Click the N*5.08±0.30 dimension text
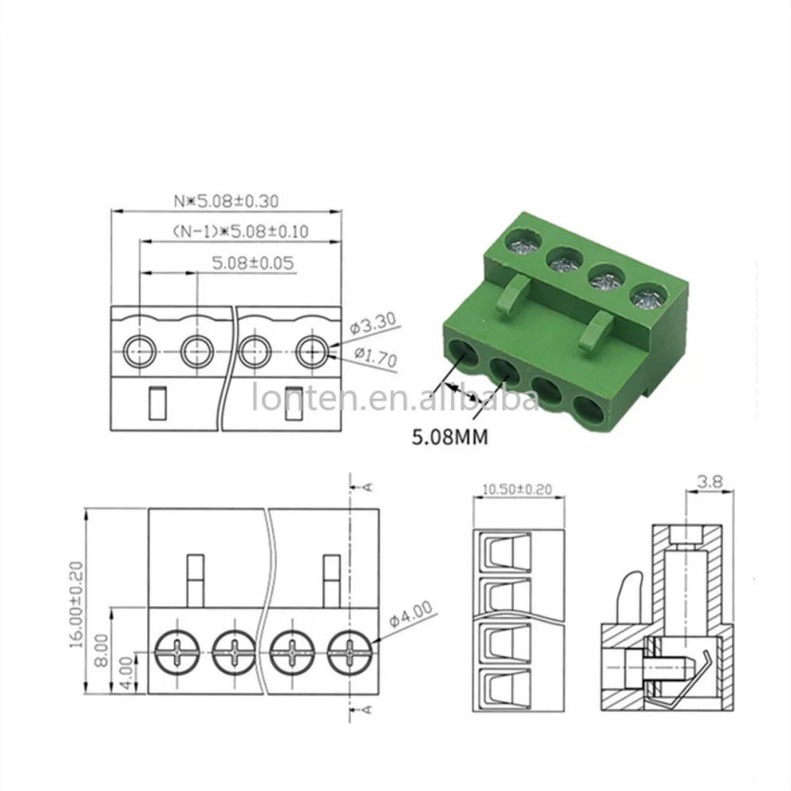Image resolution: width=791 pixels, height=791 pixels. [x=226, y=202]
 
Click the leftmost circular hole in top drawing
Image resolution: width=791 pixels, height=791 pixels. [x=139, y=349]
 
